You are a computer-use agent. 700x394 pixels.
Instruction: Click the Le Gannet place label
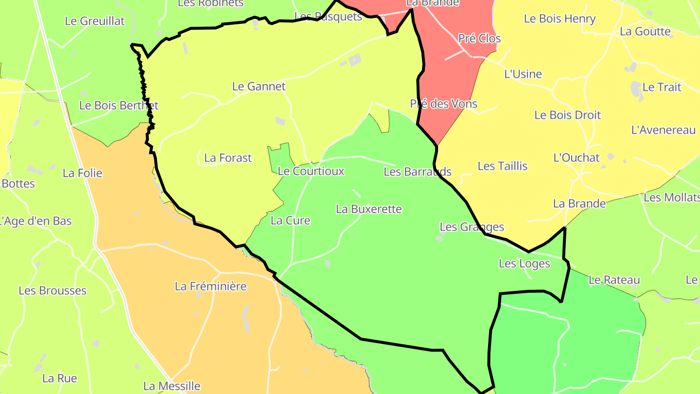(259, 87)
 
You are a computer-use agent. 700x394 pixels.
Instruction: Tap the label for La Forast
(228, 158)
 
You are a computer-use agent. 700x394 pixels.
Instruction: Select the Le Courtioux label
(311, 171)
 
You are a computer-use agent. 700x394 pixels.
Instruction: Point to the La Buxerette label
(369, 209)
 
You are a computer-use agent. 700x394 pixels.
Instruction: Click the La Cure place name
(290, 221)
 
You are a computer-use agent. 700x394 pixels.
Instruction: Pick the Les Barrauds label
(417, 172)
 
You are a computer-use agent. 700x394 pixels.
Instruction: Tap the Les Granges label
(472, 227)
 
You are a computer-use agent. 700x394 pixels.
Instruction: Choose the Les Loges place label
(524, 264)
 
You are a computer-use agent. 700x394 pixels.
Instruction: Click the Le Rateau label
(614, 280)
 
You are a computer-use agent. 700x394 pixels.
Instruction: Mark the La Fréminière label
(210, 287)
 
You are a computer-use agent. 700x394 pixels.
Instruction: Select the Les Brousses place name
(52, 291)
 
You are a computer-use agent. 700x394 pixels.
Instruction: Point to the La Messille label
(172, 386)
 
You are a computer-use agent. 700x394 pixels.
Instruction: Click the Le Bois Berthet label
(119, 106)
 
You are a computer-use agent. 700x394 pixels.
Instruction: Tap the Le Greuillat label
(94, 21)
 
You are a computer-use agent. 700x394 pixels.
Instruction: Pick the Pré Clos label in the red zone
(479, 38)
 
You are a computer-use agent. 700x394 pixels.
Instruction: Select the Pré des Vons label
(443, 104)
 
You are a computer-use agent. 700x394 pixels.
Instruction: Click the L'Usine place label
(523, 74)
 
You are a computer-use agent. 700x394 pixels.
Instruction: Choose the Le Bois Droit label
(567, 115)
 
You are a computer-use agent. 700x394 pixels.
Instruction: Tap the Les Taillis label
(502, 166)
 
